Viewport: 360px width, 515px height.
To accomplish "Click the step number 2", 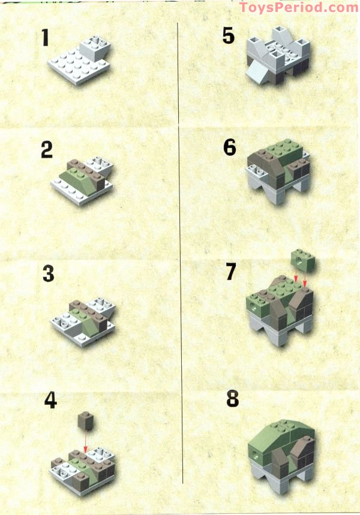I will [x=47, y=149].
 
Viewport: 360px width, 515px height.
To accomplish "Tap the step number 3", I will [x=49, y=273].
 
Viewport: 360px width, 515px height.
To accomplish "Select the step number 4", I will [x=50, y=400].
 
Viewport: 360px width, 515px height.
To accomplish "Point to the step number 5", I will [x=229, y=35].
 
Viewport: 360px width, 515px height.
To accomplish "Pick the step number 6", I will [x=230, y=147].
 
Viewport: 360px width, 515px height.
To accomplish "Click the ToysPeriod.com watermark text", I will [x=299, y=8].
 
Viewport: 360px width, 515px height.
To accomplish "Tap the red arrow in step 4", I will [x=85, y=444].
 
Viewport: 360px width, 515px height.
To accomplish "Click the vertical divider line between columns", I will [x=181, y=252].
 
